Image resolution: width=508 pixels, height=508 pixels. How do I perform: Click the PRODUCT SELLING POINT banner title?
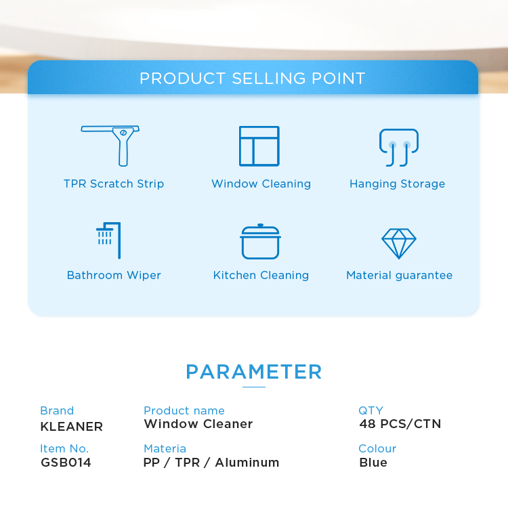pyautogui.click(x=253, y=79)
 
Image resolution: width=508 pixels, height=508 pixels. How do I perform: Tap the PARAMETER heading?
pyautogui.click(x=254, y=372)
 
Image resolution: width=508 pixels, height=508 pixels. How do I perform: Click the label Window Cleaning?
pyautogui.click(x=261, y=184)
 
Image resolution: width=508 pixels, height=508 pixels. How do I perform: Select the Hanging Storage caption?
pyautogui.click(x=397, y=184)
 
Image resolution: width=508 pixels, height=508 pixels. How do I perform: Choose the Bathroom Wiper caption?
pyautogui.click(x=114, y=276)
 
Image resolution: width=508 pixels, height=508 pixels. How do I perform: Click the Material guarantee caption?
pyautogui.click(x=399, y=276)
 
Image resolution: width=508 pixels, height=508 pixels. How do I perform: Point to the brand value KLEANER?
pyautogui.click(x=72, y=427)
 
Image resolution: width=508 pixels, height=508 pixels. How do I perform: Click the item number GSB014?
pyautogui.click(x=66, y=463)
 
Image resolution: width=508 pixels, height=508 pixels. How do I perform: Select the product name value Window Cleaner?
pyautogui.click(x=198, y=424)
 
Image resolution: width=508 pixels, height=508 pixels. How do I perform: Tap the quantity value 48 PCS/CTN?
pyautogui.click(x=400, y=424)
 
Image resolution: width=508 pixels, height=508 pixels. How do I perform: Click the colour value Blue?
pyautogui.click(x=373, y=463)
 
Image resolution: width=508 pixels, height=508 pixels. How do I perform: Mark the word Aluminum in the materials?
pyautogui.click(x=247, y=463)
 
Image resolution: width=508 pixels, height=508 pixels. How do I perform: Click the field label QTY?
pyautogui.click(x=371, y=410)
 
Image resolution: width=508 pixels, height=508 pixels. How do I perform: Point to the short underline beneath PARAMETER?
pyautogui.click(x=254, y=387)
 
